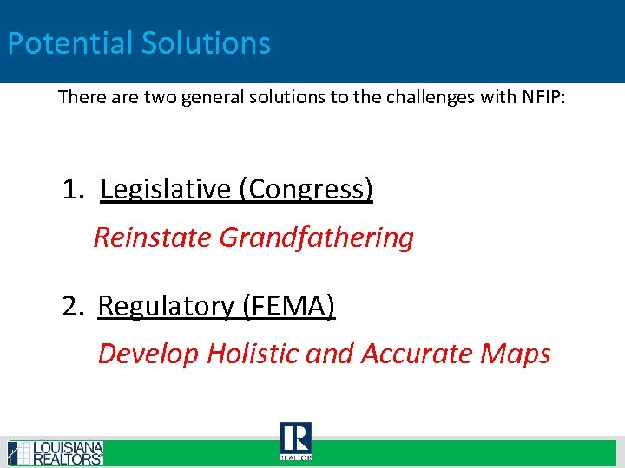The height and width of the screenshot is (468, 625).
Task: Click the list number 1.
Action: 72,189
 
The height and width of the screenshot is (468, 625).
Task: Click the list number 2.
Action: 72,306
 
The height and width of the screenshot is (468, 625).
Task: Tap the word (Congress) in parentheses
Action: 306,189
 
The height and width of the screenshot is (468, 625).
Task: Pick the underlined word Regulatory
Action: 166,306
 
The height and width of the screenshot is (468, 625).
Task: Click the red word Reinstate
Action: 153,237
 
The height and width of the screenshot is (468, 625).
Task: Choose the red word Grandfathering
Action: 317,237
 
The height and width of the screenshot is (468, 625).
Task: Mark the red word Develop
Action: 148,354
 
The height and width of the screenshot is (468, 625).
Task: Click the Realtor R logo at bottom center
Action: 295,441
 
